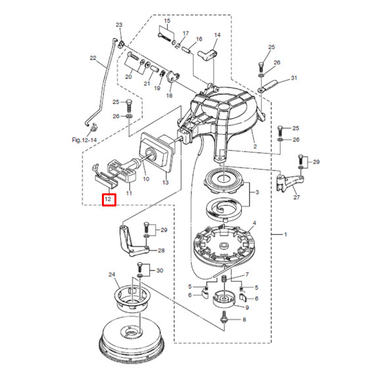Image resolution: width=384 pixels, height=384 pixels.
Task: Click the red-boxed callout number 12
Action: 109,199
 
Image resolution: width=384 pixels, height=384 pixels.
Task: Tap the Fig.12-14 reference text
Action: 84,139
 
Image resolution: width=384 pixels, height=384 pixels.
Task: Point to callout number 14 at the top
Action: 218,35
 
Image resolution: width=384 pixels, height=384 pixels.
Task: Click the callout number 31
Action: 294,78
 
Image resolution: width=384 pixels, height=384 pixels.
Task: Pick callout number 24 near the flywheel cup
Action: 112,274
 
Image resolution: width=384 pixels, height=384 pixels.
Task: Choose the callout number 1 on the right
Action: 285,233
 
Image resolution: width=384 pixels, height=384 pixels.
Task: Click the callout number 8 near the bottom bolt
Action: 243,320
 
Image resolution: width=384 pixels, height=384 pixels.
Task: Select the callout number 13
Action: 166,182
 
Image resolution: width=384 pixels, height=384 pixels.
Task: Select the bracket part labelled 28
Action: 132,239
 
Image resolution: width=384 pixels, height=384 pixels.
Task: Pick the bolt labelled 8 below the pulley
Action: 226,318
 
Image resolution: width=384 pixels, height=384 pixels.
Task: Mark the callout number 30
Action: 160,270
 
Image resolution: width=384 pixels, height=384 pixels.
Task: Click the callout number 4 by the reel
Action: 255,224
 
